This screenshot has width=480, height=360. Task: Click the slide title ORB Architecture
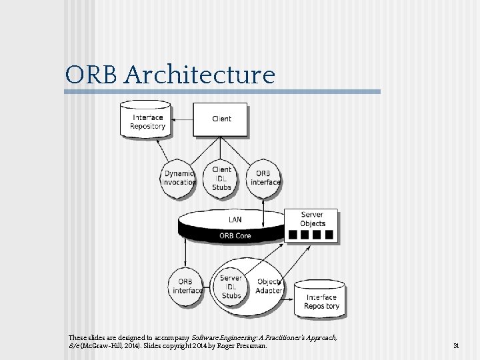(x=169, y=75)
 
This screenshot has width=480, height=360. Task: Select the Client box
(x=221, y=119)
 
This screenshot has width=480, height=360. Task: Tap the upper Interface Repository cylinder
(x=147, y=121)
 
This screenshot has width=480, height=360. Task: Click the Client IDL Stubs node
(x=221, y=178)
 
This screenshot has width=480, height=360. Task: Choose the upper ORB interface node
(x=265, y=178)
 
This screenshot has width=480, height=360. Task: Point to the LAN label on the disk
(x=235, y=219)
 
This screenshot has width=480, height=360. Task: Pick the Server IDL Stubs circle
(x=231, y=286)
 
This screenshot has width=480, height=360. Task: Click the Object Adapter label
(x=269, y=286)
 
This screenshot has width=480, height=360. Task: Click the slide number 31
(x=456, y=346)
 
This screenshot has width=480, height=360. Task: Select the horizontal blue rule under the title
(x=223, y=92)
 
